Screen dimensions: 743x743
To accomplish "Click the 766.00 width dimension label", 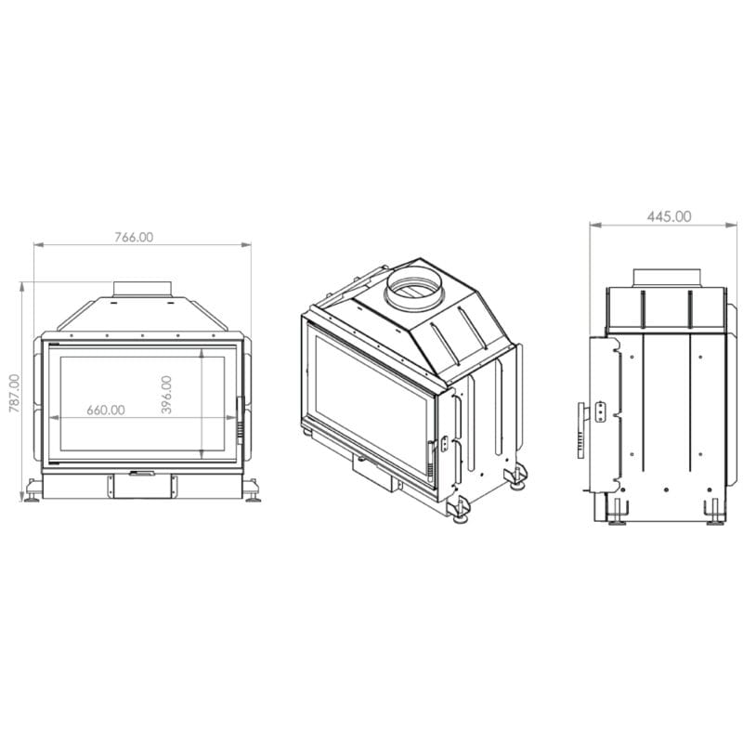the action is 134,238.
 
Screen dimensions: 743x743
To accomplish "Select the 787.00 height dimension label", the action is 15,393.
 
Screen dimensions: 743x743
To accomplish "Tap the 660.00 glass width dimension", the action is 106,410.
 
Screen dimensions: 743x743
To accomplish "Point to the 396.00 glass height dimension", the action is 166,395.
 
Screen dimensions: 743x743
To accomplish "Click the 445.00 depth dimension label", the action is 669,216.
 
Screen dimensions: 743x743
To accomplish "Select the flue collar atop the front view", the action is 142,289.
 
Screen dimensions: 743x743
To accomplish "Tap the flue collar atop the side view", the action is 667,278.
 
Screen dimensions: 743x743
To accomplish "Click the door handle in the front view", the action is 241,421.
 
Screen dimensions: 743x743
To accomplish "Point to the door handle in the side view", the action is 582,430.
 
